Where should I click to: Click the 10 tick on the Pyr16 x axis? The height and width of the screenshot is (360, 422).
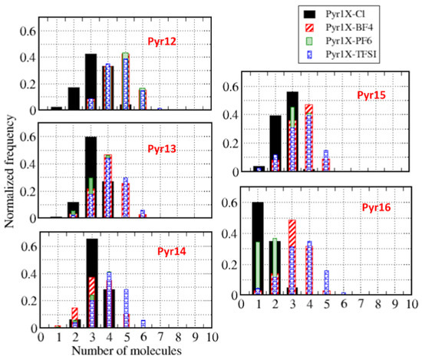pos(411,302)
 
